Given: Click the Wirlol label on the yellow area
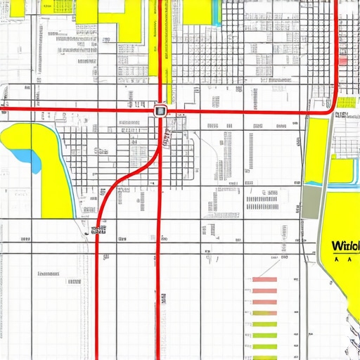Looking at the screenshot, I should click(x=344, y=246).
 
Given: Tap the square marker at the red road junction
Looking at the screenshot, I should click(x=160, y=110).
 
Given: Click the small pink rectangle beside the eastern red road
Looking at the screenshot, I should click(x=342, y=60).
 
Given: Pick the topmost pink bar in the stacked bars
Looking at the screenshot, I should click(x=264, y=280).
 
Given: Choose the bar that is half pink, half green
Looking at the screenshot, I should click(x=264, y=313).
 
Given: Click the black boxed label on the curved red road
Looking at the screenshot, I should click(x=98, y=229).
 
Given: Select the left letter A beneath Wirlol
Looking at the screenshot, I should click(x=337, y=259).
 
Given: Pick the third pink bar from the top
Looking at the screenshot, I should click(x=264, y=302).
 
